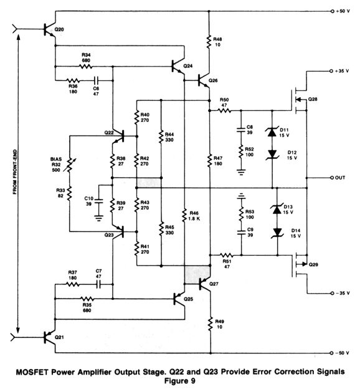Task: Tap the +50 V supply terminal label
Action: point(343,12)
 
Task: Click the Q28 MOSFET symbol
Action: point(298,93)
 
